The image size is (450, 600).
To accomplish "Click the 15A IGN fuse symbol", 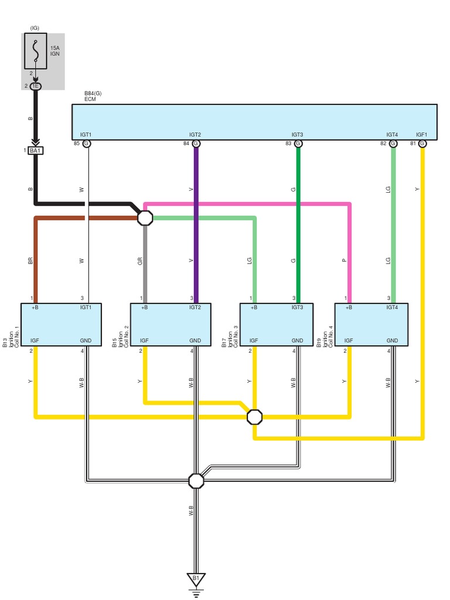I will click(36, 52).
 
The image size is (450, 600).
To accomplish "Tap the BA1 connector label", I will click(36, 151).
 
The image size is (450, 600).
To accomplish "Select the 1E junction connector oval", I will click(36, 86).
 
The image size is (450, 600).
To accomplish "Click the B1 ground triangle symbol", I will click(196, 579).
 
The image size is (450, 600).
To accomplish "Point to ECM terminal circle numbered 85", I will click(87, 144).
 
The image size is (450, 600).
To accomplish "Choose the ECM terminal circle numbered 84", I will click(196, 144).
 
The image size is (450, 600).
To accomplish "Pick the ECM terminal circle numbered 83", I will click(298, 144).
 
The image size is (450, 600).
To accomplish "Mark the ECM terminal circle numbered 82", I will click(393, 144).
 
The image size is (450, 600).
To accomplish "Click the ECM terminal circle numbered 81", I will click(422, 144).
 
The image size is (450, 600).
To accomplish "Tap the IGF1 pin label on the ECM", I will click(422, 135).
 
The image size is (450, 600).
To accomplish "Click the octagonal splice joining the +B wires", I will click(145, 218).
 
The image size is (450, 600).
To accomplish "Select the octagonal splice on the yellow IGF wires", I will click(254, 417).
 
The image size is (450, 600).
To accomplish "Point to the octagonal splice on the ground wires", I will click(196, 480).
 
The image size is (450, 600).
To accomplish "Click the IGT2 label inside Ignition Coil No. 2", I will click(195, 307).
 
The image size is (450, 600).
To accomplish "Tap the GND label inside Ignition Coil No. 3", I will click(297, 340).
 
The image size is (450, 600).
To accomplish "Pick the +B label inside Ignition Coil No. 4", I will click(348, 307).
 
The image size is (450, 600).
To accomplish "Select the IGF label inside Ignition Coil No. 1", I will click(35, 340).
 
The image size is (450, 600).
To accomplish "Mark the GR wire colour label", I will click(141, 261).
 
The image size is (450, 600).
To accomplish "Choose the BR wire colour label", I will click(30, 261).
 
